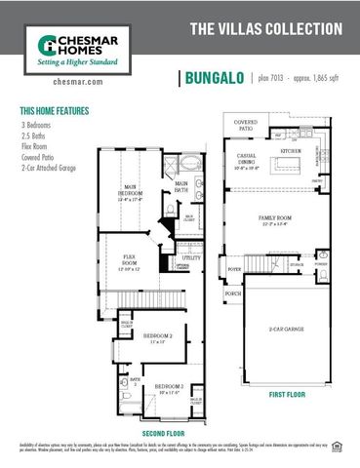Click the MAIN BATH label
click(181, 185)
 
